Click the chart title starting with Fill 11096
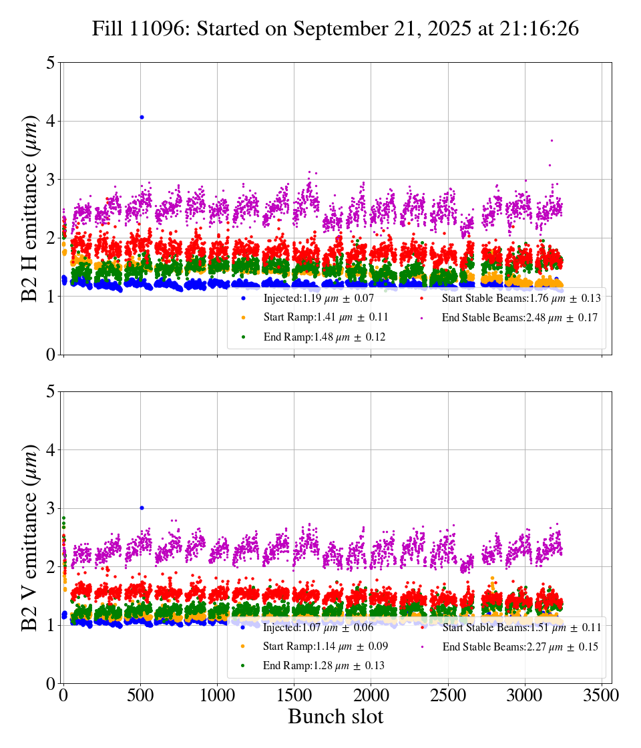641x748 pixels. pyautogui.click(x=335, y=29)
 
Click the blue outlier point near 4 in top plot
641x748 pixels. pyautogui.click(x=142, y=117)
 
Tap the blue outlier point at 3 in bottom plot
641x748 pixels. pyautogui.click(x=142, y=508)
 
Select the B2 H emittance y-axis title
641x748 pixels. pyautogui.click(x=30, y=208)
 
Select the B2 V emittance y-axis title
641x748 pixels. pyautogui.click(x=30, y=537)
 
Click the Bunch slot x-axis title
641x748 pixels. pyautogui.click(x=335, y=717)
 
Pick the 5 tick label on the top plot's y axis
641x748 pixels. pyautogui.click(x=51, y=63)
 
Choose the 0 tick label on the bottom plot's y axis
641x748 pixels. pyautogui.click(x=51, y=683)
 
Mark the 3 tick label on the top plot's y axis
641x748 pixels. pyautogui.click(x=51, y=180)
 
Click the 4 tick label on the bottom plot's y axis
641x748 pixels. pyautogui.click(x=51, y=450)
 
